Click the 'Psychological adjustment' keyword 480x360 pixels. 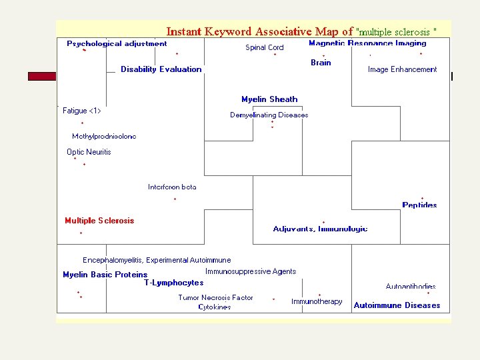(117, 44)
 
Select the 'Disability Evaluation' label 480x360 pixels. (161, 69)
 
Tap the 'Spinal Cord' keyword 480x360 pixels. (265, 47)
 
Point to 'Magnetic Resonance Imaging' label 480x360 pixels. (367, 43)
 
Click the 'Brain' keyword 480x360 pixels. (321, 63)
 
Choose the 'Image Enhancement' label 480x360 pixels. (402, 69)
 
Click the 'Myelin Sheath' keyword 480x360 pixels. (269, 99)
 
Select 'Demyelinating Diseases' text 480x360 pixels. (269, 115)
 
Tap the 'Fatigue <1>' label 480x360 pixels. (82, 111)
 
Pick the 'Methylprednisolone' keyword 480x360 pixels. (104, 136)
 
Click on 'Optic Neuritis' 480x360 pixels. (89, 152)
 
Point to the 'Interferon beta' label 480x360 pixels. (172, 187)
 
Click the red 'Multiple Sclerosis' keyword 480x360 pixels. (99, 221)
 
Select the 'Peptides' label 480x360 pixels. (419, 205)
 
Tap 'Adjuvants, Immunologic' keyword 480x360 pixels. (320, 229)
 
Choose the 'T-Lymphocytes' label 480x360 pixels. (174, 283)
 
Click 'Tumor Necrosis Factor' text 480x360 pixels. (215, 297)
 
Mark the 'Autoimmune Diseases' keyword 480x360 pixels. (397, 305)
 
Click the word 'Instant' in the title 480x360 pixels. (185, 31)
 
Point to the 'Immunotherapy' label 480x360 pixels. (317, 301)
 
